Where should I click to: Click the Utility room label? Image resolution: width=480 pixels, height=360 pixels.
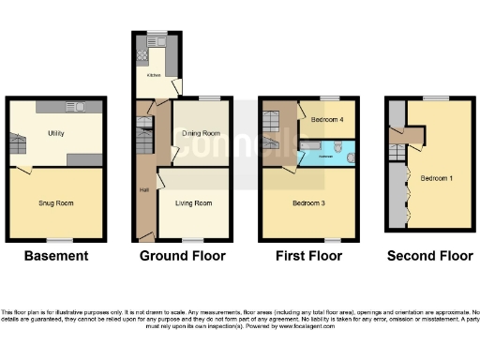coord(55,134)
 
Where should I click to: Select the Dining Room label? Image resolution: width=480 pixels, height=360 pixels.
coord(199,134)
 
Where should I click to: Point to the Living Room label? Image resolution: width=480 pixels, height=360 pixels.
coord(194,202)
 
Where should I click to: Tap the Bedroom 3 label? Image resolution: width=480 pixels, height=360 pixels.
coord(309,202)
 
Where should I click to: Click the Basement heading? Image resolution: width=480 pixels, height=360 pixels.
coord(56,256)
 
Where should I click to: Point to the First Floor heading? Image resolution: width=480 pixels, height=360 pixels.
coord(308,256)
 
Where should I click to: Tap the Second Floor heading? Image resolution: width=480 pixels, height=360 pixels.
coord(428,256)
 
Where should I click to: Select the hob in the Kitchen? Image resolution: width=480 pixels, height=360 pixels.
coord(143,55)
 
